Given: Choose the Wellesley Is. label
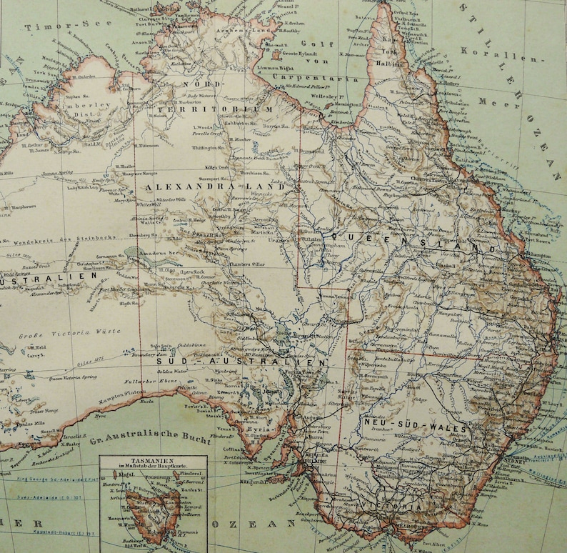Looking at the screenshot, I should coord(326,91).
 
